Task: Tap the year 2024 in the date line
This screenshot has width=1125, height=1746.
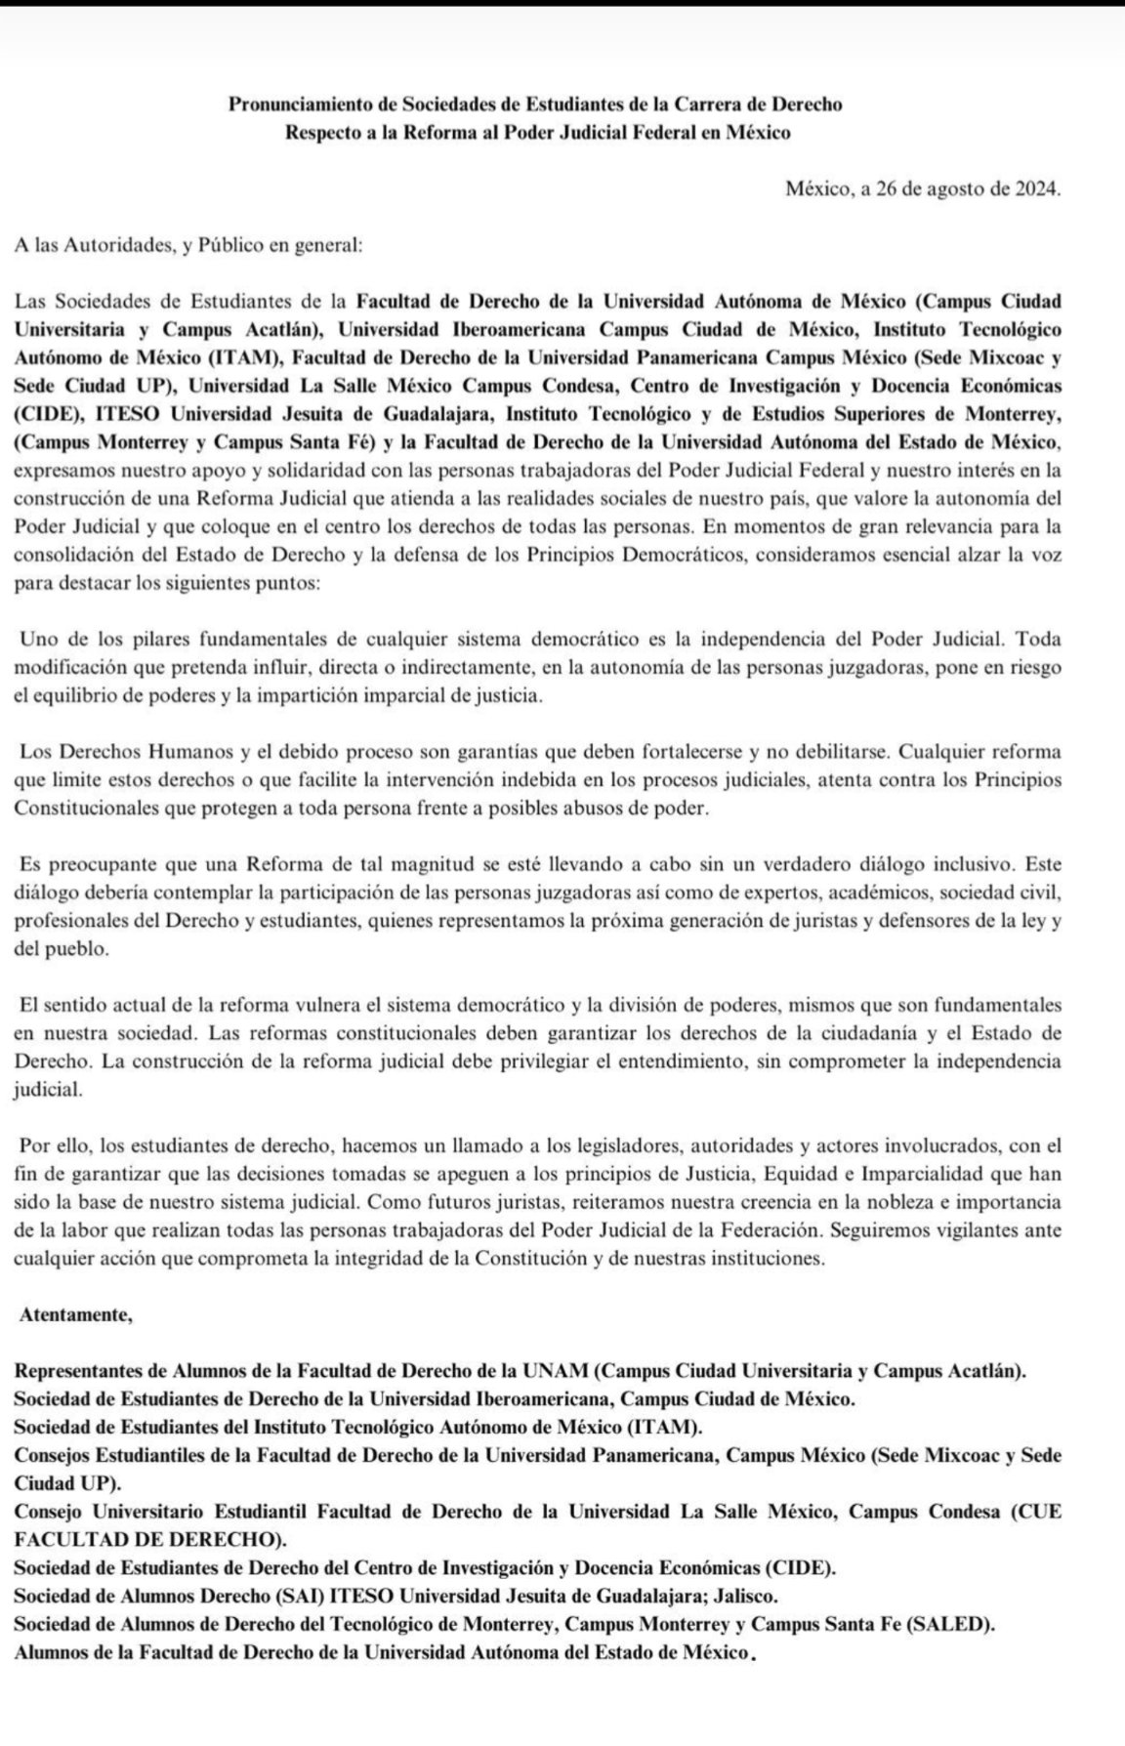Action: pos(1036,188)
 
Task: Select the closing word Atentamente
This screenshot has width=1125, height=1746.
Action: pos(75,1314)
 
